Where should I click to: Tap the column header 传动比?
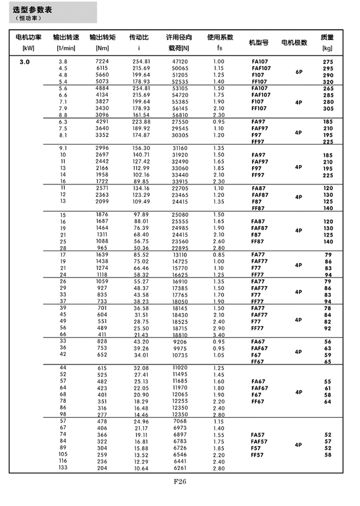[x=138, y=38]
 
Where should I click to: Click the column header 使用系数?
[x=220, y=38]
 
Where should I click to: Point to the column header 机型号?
[x=259, y=42]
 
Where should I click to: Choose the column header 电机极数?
[x=295, y=42]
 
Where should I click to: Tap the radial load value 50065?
[x=180, y=68]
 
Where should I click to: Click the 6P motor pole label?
[x=299, y=71]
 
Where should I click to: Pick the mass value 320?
[x=328, y=81]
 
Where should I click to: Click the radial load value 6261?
[x=181, y=468]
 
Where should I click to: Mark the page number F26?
[x=179, y=481]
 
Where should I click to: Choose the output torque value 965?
[x=103, y=248]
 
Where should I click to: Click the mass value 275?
[x=328, y=62]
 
